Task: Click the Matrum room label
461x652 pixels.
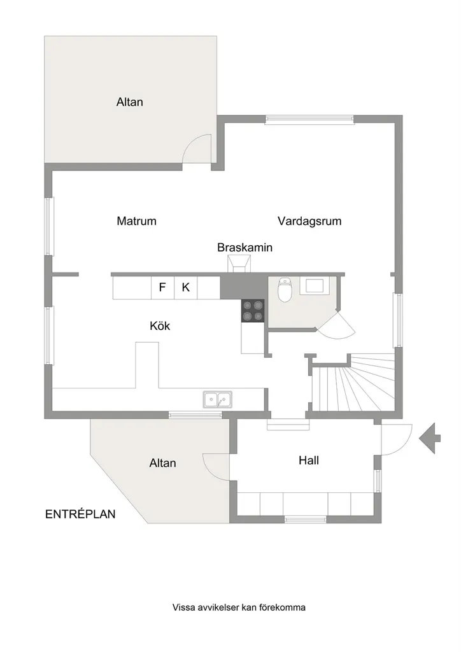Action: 136,221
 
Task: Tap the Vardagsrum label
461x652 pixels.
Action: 309,221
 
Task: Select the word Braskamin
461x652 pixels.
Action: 245,248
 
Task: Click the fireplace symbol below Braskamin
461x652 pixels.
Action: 239,264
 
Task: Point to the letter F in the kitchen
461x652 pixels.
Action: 162,287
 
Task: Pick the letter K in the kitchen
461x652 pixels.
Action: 186,287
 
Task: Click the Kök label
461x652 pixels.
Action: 160,325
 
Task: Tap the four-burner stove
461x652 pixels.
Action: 253,311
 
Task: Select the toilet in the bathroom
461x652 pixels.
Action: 285,290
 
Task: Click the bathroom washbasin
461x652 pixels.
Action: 315,286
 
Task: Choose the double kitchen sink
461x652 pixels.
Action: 217,400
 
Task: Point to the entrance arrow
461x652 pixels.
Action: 429,438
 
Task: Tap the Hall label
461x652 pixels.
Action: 309,460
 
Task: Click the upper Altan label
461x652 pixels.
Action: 130,102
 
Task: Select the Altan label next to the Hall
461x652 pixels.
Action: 162,463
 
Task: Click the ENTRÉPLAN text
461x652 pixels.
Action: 80,514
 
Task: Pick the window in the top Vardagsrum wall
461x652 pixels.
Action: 309,120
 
